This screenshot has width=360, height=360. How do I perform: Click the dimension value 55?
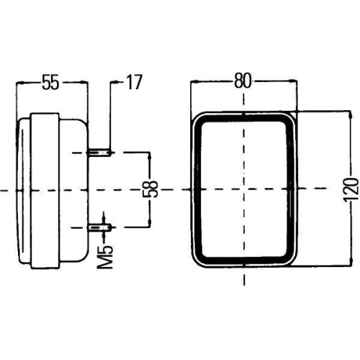point(50,82)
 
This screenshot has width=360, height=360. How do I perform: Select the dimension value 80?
point(243,81)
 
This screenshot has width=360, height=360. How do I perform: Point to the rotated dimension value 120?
point(351,189)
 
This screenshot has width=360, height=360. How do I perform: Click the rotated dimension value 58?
point(150,189)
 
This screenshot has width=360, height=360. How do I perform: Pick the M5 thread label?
point(105,257)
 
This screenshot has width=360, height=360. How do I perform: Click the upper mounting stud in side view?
point(99,153)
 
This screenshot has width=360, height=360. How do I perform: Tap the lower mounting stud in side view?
point(99,227)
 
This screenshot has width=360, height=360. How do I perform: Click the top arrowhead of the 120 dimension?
point(351,114)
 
